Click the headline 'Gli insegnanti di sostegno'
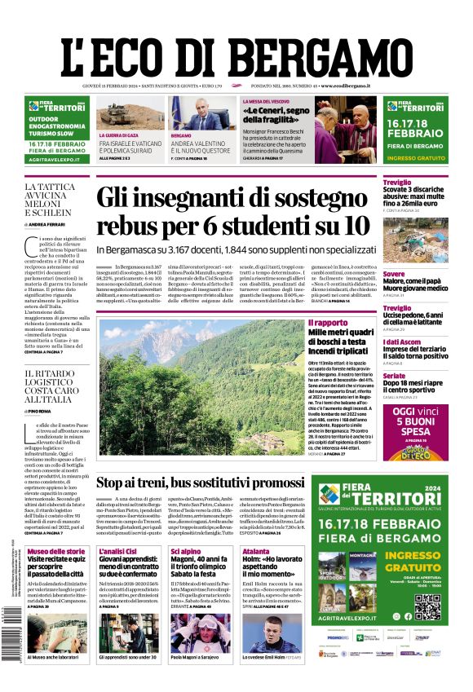click(241, 199)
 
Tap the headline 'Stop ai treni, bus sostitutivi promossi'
click(212, 483)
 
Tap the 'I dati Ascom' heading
click(402, 342)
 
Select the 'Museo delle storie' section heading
click(55, 552)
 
